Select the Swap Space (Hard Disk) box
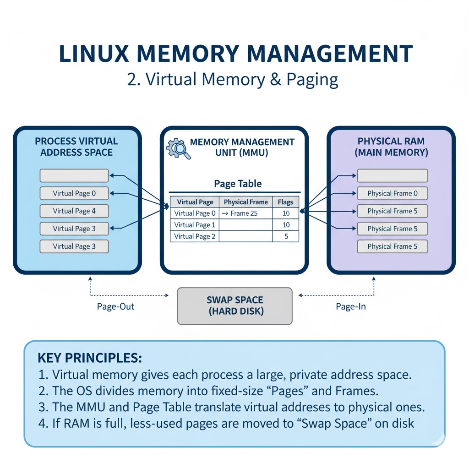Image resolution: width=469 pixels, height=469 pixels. (234, 306)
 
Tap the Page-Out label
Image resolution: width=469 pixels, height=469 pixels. (115, 306)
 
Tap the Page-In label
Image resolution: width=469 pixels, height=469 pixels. (350, 306)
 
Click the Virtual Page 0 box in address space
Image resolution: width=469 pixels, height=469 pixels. (74, 193)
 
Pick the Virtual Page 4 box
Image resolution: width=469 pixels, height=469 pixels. (74, 211)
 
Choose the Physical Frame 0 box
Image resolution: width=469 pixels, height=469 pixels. (392, 193)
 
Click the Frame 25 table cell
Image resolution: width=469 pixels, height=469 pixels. (245, 213)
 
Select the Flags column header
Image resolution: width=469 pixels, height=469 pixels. (285, 202)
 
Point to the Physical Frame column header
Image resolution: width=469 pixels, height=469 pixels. (245, 202)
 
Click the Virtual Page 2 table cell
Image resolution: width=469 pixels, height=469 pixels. (195, 236)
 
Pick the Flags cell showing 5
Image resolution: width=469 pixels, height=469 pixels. (285, 236)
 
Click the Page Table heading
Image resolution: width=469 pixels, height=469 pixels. (238, 184)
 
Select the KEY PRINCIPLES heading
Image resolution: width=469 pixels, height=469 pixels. (90, 358)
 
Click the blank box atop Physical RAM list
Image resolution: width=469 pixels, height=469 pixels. (392, 175)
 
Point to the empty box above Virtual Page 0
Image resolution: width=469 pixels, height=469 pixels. (74, 175)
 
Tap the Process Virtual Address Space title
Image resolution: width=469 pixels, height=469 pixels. (76, 147)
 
